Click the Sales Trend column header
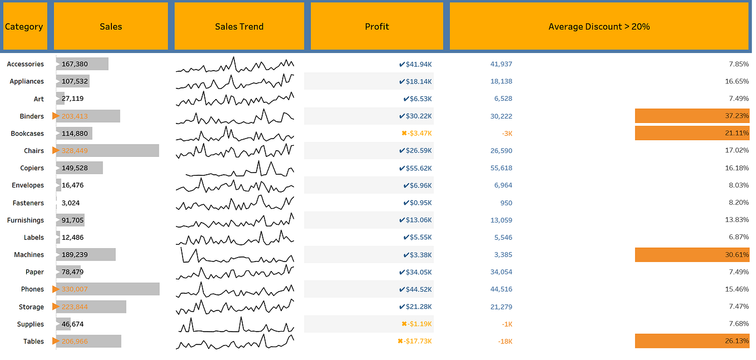tap(239, 26)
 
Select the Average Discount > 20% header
tap(599, 26)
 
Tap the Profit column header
tap(377, 26)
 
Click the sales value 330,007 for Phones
tap(75, 289)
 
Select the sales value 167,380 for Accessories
tap(75, 64)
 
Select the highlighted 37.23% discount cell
tap(692, 116)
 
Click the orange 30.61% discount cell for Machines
tap(692, 255)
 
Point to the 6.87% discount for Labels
tap(739, 237)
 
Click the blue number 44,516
tap(501, 289)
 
